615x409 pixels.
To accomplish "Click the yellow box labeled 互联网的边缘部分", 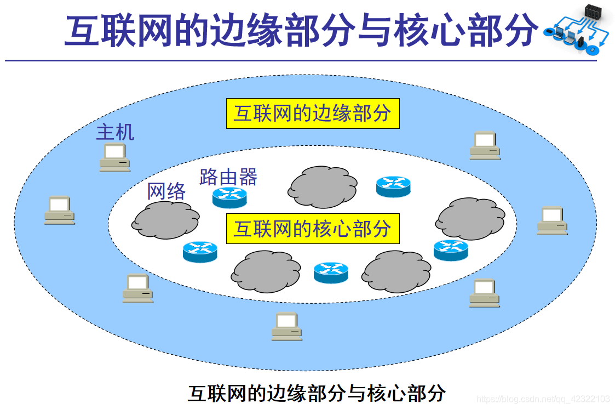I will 313,113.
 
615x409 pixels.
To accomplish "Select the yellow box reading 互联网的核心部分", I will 313,229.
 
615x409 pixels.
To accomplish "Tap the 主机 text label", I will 115,132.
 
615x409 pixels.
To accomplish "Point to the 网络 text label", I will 166,191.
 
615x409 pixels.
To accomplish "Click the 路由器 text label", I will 228,177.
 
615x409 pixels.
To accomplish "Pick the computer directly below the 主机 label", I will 114,157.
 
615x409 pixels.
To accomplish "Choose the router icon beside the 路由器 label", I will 229,197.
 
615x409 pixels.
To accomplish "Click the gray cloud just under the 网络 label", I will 166,220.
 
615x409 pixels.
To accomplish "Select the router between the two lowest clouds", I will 331,272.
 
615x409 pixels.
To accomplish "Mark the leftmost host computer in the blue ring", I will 59,210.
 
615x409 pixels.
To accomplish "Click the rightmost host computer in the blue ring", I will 551,220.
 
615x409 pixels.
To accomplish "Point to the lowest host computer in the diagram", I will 287,326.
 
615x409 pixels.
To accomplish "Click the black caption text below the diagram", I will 317,393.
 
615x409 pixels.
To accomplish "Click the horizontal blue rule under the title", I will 300,60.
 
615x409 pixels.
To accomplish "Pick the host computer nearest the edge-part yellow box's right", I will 485,145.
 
